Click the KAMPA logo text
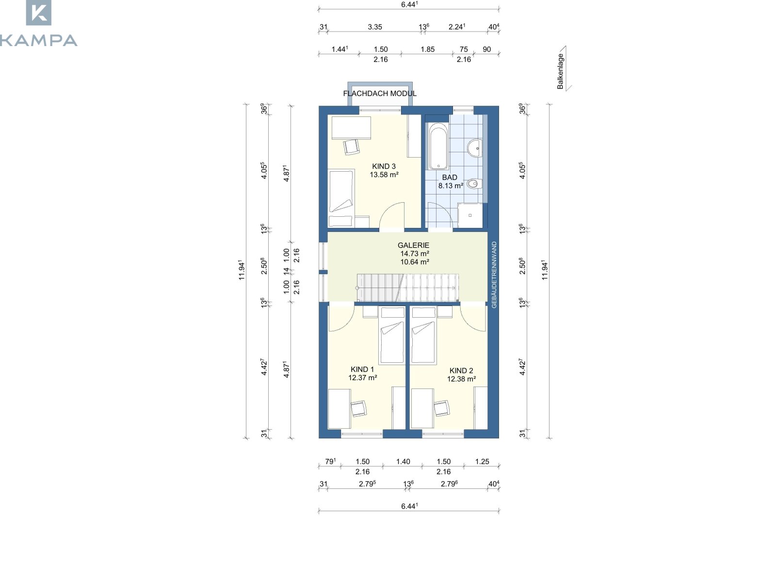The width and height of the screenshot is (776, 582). coord(38,40)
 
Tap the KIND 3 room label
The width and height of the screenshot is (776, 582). coord(384,166)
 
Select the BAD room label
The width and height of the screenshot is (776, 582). coord(449,178)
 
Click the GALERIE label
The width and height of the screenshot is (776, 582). coord(413,245)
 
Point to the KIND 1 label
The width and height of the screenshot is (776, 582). coord(362,369)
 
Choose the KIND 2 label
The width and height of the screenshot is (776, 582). coord(461,371)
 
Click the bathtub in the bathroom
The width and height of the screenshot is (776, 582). coord(438,146)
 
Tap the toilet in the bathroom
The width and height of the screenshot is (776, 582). coord(474,184)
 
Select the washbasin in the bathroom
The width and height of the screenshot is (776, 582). coord(475,148)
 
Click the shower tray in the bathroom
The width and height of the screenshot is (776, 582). coord(470,215)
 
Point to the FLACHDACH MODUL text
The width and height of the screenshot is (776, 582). coord(380,94)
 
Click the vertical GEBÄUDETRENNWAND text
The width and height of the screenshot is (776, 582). coord(494,275)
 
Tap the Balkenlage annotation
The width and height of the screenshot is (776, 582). coord(560,71)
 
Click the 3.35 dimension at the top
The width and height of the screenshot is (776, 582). coord(375,27)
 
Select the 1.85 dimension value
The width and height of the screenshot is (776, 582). coord(427,49)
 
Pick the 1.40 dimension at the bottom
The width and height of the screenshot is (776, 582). coord(403,462)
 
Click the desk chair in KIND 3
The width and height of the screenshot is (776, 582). coord(352,146)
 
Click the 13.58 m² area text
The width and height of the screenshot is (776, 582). coord(384,175)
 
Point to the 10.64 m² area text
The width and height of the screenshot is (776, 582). coord(415,262)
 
